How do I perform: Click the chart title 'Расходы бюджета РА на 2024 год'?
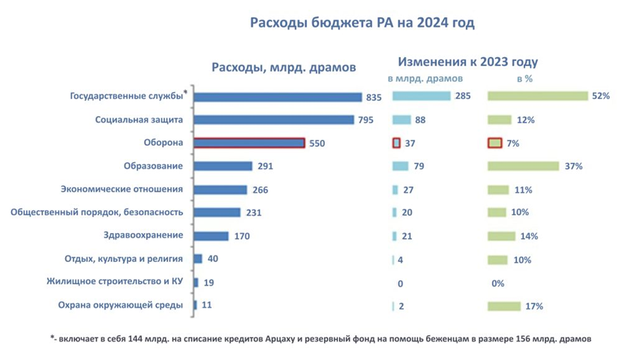[x=362, y=23]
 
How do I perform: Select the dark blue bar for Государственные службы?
[x=279, y=97]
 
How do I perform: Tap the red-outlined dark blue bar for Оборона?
[x=250, y=143]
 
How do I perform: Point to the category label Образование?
[x=153, y=166]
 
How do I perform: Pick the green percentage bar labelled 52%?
[x=537, y=97]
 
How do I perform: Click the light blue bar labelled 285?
[x=421, y=97]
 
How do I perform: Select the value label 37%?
[x=573, y=166]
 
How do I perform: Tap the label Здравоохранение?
[x=143, y=235]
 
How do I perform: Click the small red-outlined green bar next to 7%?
[x=495, y=143]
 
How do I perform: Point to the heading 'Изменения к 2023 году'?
[x=467, y=62]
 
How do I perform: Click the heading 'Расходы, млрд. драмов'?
[x=283, y=67]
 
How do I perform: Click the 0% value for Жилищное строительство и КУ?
[x=498, y=284]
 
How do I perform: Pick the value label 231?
[x=254, y=212]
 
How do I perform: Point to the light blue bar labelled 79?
[x=400, y=166]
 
